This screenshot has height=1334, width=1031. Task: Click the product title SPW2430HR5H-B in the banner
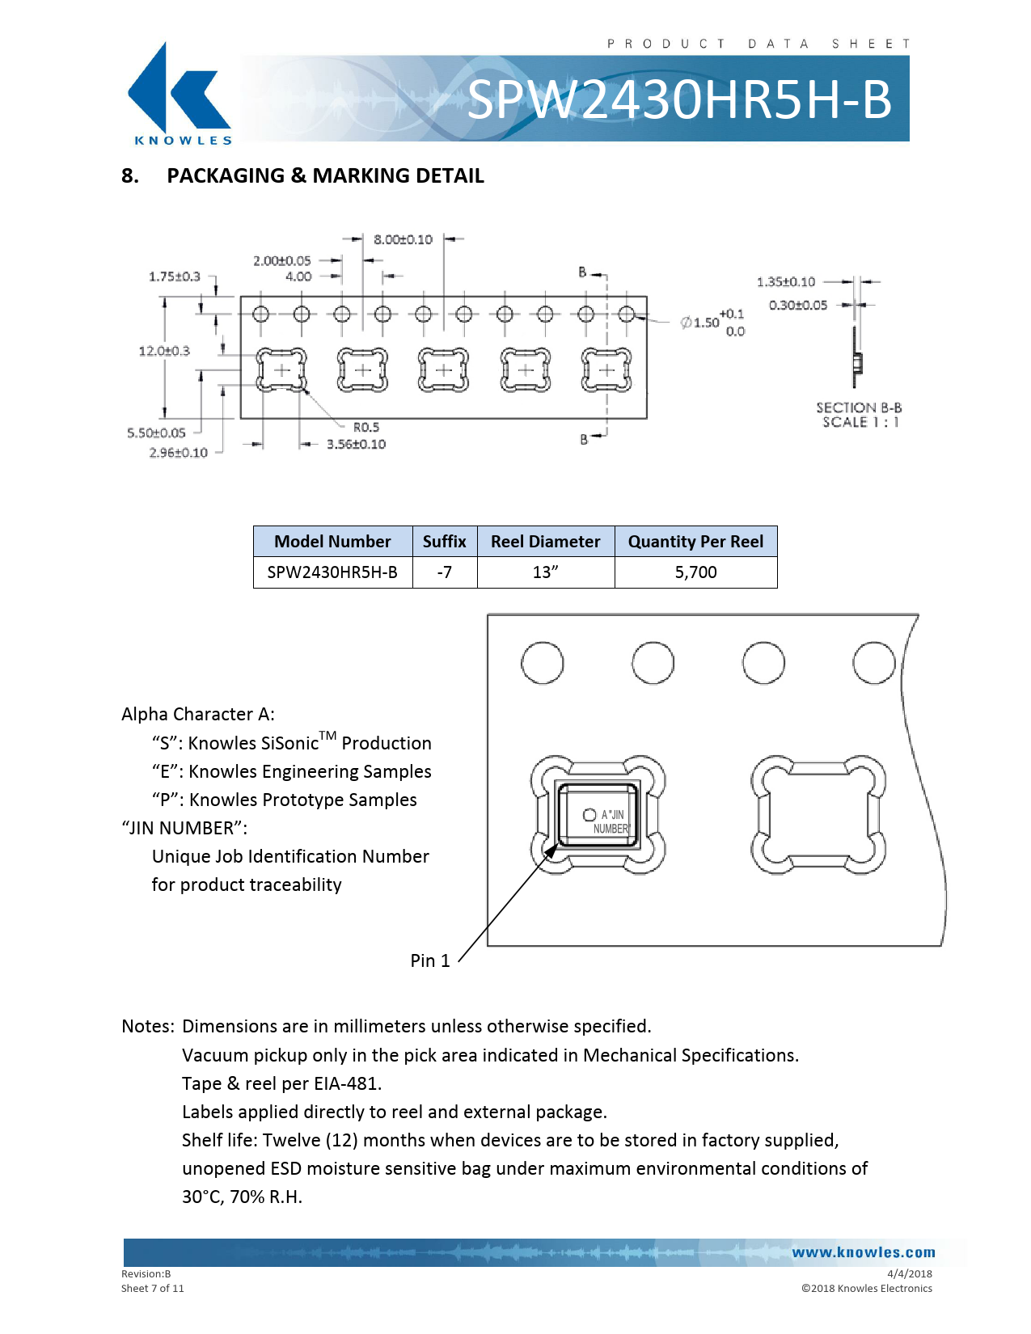tap(679, 99)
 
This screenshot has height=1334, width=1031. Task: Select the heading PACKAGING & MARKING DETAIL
tap(325, 175)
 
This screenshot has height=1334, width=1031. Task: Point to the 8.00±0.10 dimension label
tap(403, 239)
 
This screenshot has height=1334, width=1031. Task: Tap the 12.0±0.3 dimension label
tap(164, 351)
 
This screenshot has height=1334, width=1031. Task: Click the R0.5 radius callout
tap(366, 427)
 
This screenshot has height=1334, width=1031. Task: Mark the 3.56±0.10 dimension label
tap(356, 444)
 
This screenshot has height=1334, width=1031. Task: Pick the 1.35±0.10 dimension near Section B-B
tap(786, 282)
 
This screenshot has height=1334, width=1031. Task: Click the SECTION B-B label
tap(859, 407)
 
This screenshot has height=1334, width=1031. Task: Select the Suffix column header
tap(444, 542)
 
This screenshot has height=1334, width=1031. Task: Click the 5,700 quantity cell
tap(695, 572)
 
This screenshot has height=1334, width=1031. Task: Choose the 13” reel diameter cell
tap(545, 572)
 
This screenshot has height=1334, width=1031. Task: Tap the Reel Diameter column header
tap(545, 542)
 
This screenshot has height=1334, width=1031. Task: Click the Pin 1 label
tap(430, 960)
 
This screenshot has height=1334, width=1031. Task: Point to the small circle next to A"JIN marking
tap(589, 815)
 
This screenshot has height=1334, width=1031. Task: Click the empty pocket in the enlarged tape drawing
tap(818, 815)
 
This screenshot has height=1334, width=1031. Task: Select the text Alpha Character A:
tap(198, 714)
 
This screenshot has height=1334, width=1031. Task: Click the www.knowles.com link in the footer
tap(864, 1252)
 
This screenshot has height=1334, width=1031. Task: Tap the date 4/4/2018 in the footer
tap(910, 1274)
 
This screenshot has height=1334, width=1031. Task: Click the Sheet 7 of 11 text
tap(152, 1288)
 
